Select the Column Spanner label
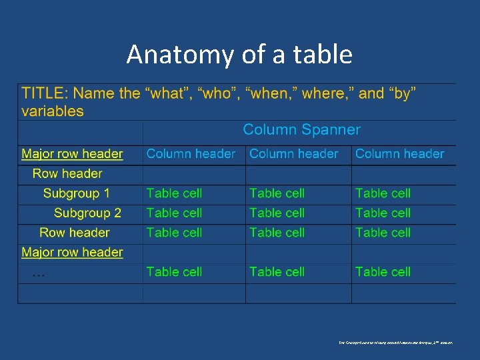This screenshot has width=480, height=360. pyautogui.click(x=301, y=130)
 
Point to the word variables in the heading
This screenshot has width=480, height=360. pyautogui.click(x=53, y=111)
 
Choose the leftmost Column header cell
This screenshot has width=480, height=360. pyautogui.click(x=191, y=154)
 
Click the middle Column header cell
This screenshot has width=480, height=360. pyautogui.click(x=294, y=154)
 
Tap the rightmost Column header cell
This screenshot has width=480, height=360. pyautogui.click(x=399, y=154)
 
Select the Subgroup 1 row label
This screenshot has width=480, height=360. pyautogui.click(x=76, y=194)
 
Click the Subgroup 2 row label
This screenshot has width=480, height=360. pyautogui.click(x=87, y=213)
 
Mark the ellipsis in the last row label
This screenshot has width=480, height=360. pyautogui.click(x=39, y=273)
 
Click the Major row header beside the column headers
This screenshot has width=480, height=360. pyautogui.click(x=72, y=154)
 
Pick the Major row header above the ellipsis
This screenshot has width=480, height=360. pyautogui.click(x=72, y=253)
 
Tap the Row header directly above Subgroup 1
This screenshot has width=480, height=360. pyautogui.click(x=67, y=174)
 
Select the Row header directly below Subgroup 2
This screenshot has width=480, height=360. pyautogui.click(x=74, y=233)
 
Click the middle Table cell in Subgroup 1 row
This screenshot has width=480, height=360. pyautogui.click(x=277, y=194)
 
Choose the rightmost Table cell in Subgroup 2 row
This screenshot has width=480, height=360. pyautogui.click(x=383, y=213)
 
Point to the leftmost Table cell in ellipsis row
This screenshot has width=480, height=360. pyautogui.click(x=174, y=272)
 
